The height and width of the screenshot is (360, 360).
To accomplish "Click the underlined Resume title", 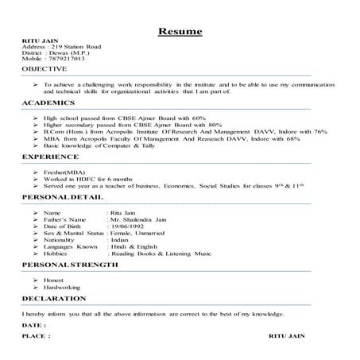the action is coord(180,32).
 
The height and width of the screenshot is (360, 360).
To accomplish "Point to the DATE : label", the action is coord(35,326).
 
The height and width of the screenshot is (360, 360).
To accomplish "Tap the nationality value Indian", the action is coord(119,238).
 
